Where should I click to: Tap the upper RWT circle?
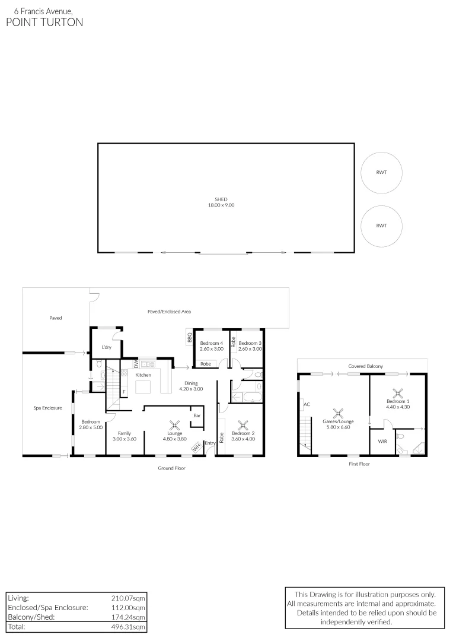(381, 173)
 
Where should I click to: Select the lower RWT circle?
(381, 226)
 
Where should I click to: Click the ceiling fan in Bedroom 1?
(398, 392)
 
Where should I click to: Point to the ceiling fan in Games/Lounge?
(338, 413)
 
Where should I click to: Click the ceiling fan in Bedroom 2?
(243, 425)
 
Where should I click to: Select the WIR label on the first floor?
(382, 441)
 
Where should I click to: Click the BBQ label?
(189, 338)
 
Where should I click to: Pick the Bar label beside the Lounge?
(196, 415)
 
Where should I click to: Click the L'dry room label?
(107, 347)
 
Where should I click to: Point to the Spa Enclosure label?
(47, 408)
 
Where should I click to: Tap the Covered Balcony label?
(365, 367)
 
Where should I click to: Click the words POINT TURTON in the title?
(44, 23)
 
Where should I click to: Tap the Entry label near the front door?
(210, 443)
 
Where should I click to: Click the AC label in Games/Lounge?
(307, 405)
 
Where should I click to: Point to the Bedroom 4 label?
(211, 343)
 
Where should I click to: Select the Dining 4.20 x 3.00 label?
(191, 386)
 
